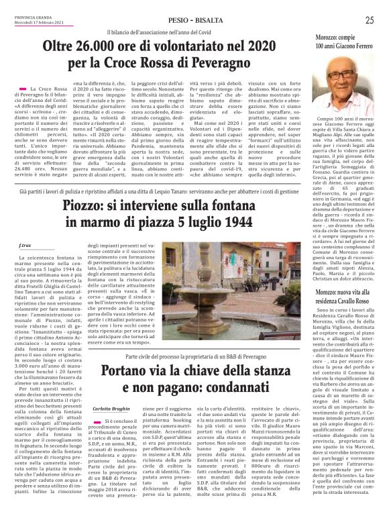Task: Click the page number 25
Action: point(369,21)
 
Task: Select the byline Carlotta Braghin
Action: point(111,408)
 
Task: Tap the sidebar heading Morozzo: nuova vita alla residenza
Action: point(346,278)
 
